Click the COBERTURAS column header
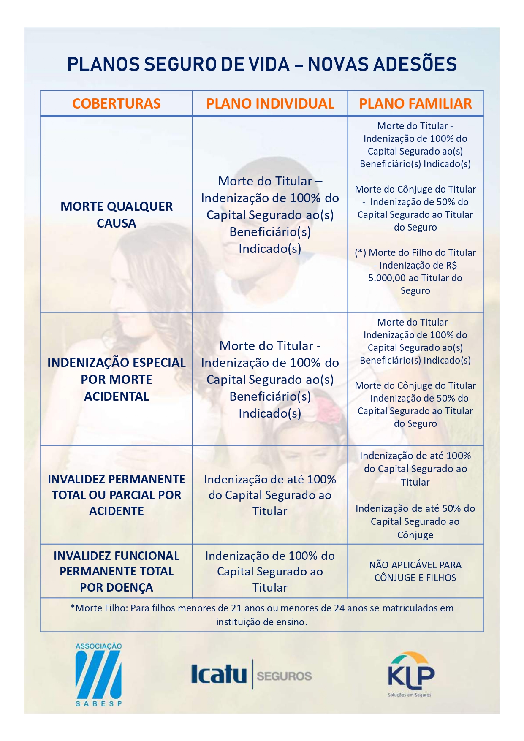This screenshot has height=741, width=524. [x=116, y=104]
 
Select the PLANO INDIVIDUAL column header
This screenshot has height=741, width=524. [x=270, y=104]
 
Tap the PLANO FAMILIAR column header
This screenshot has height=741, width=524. [x=415, y=104]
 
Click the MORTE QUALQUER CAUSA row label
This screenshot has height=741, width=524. [x=116, y=214]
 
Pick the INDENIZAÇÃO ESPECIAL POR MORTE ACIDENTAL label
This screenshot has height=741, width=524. [x=116, y=379]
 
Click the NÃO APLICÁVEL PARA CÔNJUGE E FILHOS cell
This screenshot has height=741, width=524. [x=415, y=571]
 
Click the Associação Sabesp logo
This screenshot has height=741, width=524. [x=98, y=674]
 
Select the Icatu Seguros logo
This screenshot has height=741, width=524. [x=251, y=674]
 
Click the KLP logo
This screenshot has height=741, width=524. [x=410, y=674]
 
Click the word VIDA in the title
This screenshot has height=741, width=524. [x=269, y=65]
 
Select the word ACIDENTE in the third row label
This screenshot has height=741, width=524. [x=116, y=511]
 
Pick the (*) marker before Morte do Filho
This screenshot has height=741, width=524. [x=360, y=253]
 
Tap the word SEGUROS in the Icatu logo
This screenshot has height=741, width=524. [x=284, y=676]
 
